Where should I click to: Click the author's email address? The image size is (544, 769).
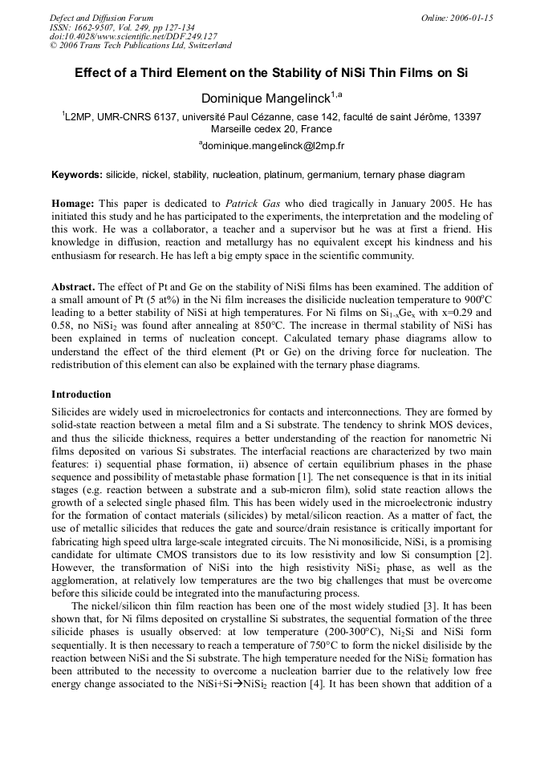coord(273,146)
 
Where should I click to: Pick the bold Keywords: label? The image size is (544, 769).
coord(77,174)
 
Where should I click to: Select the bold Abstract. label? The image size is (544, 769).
coord(74,286)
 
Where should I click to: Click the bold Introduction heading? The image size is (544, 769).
coord(81,395)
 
